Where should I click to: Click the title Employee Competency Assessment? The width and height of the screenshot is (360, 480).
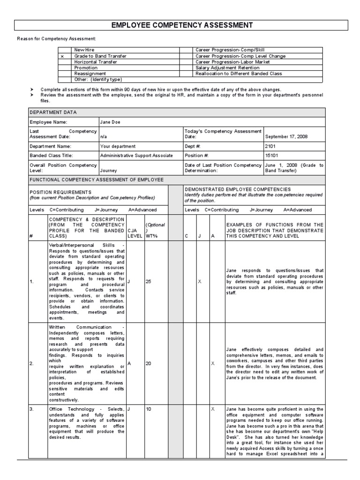pos(180,25)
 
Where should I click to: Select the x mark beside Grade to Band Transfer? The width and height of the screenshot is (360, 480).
pos(62,56)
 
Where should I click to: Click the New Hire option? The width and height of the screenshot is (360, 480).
pos(84,50)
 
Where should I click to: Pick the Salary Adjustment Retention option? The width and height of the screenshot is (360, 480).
pos(227,67)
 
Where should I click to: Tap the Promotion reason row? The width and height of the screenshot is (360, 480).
pos(86,67)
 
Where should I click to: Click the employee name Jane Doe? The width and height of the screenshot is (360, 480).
pos(110,122)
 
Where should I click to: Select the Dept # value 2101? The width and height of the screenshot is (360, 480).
pos(270,146)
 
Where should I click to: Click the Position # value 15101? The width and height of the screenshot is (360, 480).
pos(271,155)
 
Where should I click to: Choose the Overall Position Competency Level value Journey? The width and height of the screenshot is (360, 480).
pos(108,171)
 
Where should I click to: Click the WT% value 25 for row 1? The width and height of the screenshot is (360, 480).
pos(149,282)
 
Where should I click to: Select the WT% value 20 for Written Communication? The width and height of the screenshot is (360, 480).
pos(149,363)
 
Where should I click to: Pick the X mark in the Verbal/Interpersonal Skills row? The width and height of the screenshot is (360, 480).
pos(200,282)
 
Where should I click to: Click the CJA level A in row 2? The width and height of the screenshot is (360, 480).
pos(129,363)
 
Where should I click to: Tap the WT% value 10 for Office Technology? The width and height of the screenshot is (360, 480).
pos(149,409)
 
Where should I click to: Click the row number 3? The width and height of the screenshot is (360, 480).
pos(31,409)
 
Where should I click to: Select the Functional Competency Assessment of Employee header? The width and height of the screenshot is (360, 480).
pos(97,180)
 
